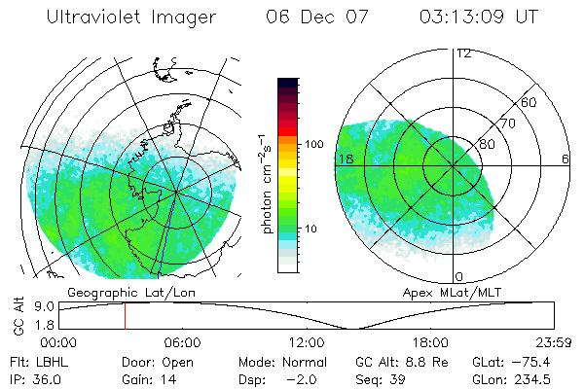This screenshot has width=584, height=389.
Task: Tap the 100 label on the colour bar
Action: (x=313, y=144)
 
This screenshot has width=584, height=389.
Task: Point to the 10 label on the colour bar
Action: (x=310, y=230)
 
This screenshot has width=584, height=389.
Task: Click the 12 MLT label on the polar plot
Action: (x=463, y=53)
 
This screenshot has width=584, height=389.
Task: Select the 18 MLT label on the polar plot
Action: (x=343, y=159)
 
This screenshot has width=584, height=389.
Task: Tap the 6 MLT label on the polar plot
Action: (x=566, y=159)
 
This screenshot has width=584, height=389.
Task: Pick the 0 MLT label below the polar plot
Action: (x=459, y=277)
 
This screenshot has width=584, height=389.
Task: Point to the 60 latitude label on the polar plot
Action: (x=529, y=102)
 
